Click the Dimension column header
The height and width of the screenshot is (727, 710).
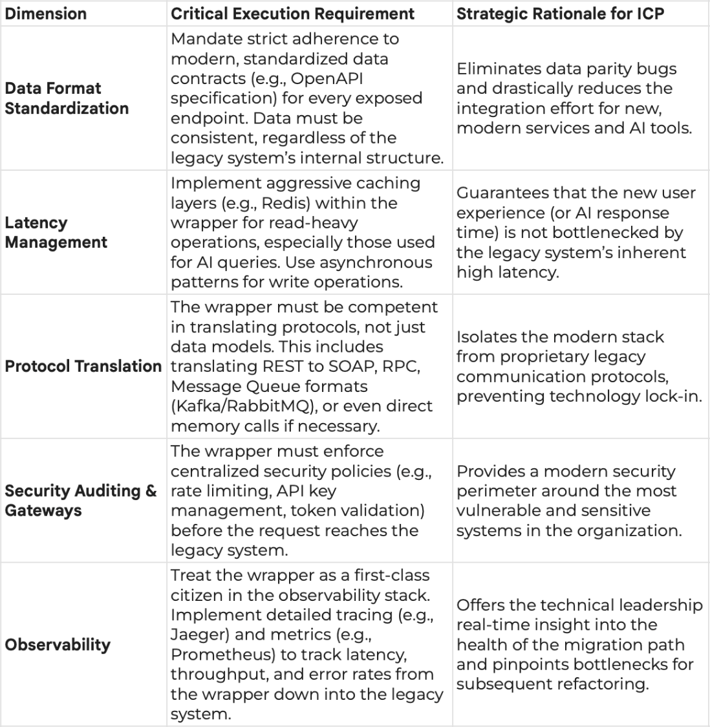point(46,14)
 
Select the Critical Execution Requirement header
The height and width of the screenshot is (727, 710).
point(293,14)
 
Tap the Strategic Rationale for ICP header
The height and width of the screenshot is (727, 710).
point(560,14)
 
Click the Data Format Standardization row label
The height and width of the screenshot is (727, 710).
point(67,98)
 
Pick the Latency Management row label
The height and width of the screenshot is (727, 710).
point(56,233)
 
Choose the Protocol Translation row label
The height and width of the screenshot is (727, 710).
point(83,366)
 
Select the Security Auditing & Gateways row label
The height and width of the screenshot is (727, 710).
point(81,501)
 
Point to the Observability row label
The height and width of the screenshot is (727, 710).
point(58,645)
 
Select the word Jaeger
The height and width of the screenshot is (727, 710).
point(197,635)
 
